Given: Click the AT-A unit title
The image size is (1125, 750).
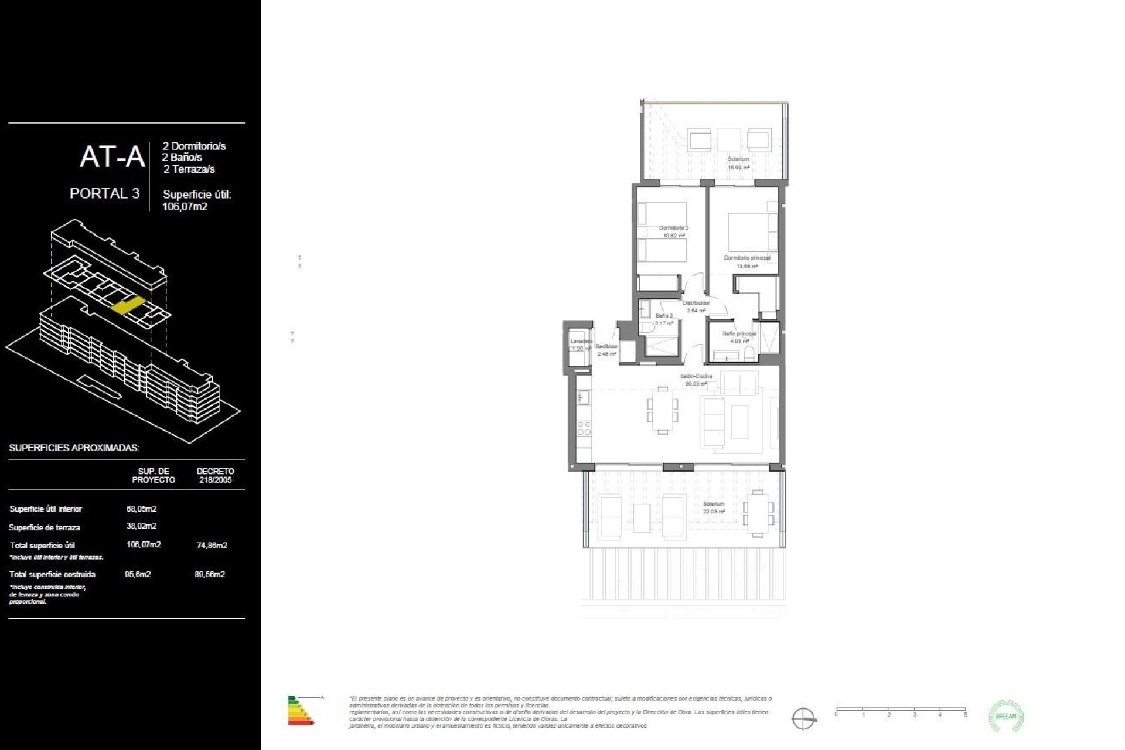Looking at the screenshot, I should click(x=112, y=157).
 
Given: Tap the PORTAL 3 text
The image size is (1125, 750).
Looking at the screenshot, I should click(x=104, y=193).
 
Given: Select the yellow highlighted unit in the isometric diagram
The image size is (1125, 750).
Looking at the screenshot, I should click(x=128, y=305).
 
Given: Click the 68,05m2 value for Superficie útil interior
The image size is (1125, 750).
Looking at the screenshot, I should click(x=141, y=509).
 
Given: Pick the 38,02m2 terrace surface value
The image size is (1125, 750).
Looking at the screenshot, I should click(x=141, y=526).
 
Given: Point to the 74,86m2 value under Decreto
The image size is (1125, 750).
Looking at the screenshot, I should click(x=212, y=545).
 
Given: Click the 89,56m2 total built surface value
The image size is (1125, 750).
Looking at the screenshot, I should click(x=210, y=574).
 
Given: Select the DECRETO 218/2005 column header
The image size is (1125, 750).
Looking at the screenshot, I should click(x=215, y=475).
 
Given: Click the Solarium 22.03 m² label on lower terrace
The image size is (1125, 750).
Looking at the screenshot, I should click(x=714, y=507).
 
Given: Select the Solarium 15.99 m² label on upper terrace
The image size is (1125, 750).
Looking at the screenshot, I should click(x=738, y=163).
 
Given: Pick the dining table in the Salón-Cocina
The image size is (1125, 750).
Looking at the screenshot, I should click(x=662, y=410).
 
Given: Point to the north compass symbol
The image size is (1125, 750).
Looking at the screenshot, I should click(x=803, y=718).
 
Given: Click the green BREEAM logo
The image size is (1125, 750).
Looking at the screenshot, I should click(x=1006, y=716).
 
